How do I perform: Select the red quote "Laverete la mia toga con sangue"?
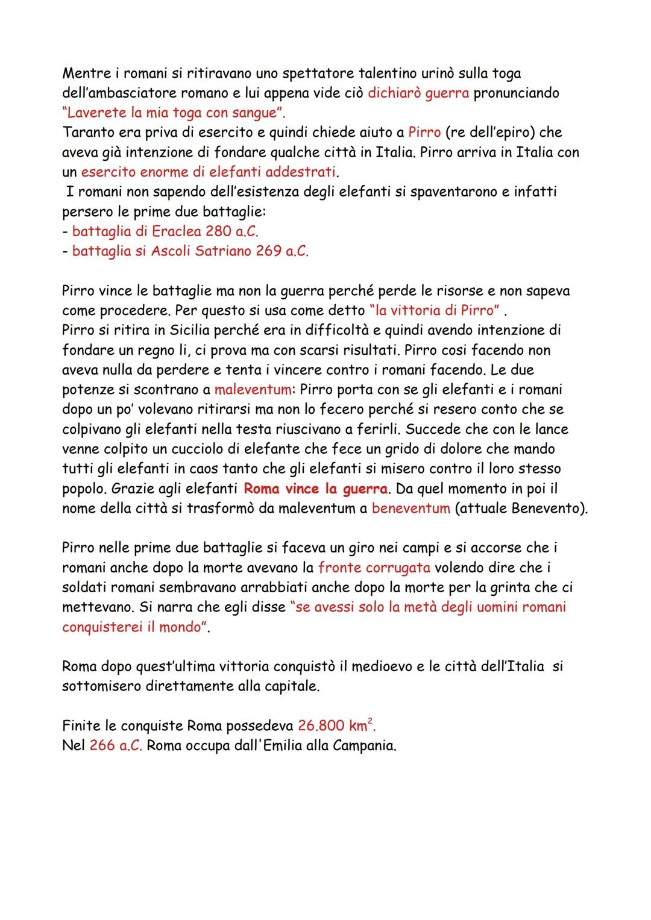tap(174, 113)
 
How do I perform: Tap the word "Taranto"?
tap(87, 133)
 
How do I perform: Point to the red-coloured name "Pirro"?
tap(424, 133)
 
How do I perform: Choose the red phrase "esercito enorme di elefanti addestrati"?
tap(209, 172)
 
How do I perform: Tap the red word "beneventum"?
tap(410, 508)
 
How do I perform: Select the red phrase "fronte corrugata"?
tap(374, 568)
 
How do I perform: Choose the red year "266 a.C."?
tap(116, 746)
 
